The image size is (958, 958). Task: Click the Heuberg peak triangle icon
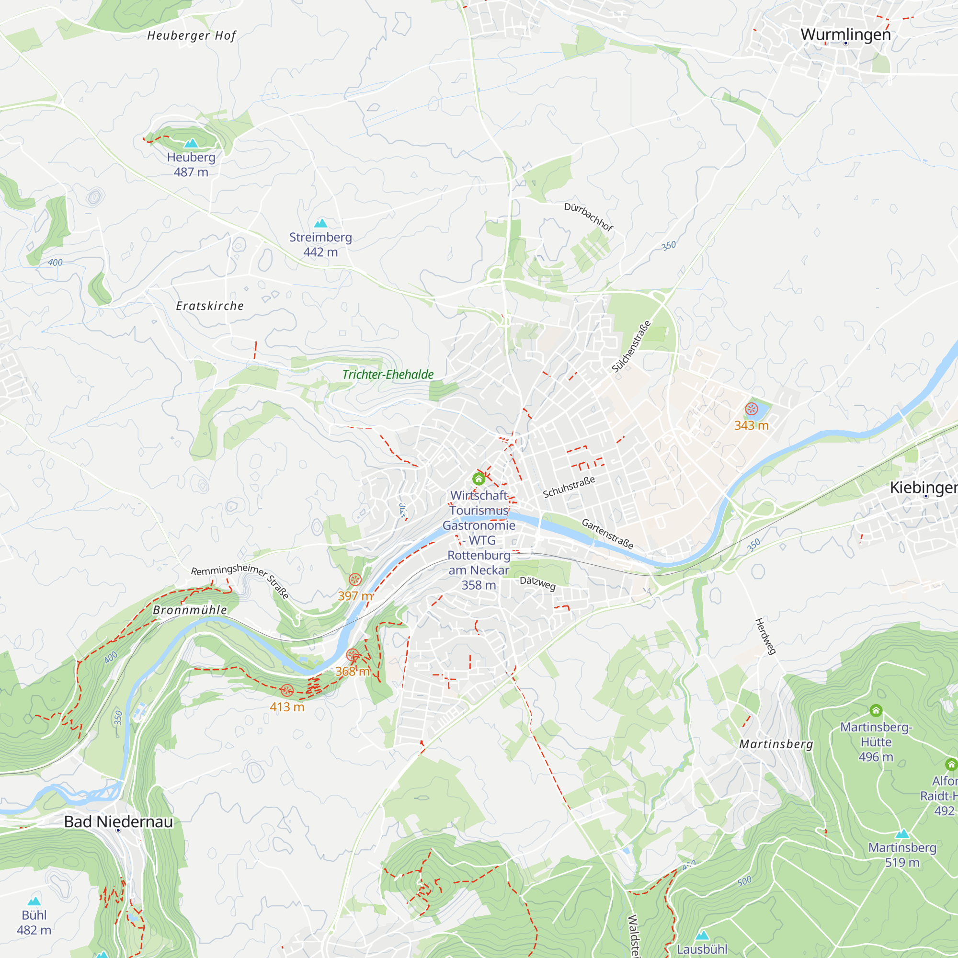pos(191,143)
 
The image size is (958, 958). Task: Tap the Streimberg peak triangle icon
pos(321,223)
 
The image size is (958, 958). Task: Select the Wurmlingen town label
pos(845,34)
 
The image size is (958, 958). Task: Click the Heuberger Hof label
pos(192,36)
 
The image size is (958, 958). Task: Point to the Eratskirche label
pos(210,306)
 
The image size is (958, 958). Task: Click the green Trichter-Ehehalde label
pos(388,375)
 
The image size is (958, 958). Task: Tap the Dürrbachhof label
pos(589,217)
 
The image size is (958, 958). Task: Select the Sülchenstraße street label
pos(631,347)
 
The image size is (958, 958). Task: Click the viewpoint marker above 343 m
pos(751,409)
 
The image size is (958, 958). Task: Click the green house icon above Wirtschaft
pos(479,479)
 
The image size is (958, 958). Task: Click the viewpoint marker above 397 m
pos(355,579)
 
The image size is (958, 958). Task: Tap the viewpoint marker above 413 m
pos(287,690)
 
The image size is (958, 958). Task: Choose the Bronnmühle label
pos(190,610)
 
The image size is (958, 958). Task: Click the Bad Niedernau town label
pos(118,821)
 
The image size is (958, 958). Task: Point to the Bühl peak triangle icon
pos(34,901)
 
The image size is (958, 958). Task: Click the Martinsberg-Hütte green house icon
pos(876,710)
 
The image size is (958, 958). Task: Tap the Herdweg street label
pos(765,637)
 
